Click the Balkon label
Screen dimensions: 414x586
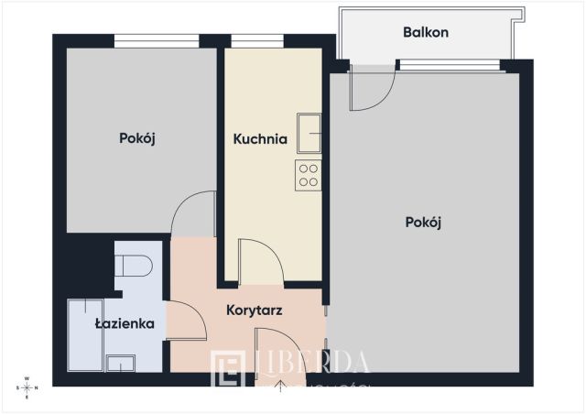coord(426,33)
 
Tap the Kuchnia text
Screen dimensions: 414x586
coord(260,140)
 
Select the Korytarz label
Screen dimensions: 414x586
coord(253,310)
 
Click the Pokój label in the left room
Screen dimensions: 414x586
coord(137,139)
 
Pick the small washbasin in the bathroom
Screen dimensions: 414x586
coord(121,363)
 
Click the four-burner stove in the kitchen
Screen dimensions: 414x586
coord(308,174)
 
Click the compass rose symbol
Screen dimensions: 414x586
coord(27,387)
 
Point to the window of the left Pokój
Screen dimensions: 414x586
coord(157,40)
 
